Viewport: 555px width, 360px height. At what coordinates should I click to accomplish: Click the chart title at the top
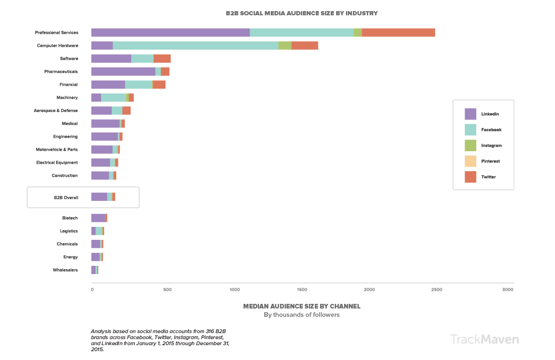point(301,13)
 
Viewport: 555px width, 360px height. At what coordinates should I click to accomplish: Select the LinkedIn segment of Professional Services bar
point(170,32)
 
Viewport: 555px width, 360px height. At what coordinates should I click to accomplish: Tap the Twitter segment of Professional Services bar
point(398,32)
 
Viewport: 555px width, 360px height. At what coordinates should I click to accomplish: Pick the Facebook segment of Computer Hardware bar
point(195,45)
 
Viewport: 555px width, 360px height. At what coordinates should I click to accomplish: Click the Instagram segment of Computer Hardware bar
point(285,45)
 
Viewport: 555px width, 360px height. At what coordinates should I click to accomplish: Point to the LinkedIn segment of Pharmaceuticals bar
point(123,71)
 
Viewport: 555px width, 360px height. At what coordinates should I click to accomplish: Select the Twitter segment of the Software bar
point(162,58)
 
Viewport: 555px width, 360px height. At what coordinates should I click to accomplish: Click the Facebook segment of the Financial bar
point(138,84)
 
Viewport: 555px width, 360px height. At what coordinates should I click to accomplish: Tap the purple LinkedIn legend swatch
point(470,114)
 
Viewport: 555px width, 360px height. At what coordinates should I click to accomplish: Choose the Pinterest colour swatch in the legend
point(470,161)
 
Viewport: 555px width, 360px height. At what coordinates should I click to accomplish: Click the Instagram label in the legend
point(491,146)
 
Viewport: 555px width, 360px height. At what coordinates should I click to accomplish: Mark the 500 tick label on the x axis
point(167,289)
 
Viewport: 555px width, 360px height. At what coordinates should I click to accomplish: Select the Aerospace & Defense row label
point(56,110)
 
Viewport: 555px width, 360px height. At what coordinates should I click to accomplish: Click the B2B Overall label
point(66,198)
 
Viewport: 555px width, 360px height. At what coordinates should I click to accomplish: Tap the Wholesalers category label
point(65,270)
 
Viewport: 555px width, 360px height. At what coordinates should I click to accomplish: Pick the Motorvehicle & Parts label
point(57,149)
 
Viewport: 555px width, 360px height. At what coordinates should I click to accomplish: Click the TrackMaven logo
point(484,339)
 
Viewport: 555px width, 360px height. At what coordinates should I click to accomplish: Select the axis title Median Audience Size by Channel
point(301,306)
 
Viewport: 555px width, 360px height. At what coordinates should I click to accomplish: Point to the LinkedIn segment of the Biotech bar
point(98,218)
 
